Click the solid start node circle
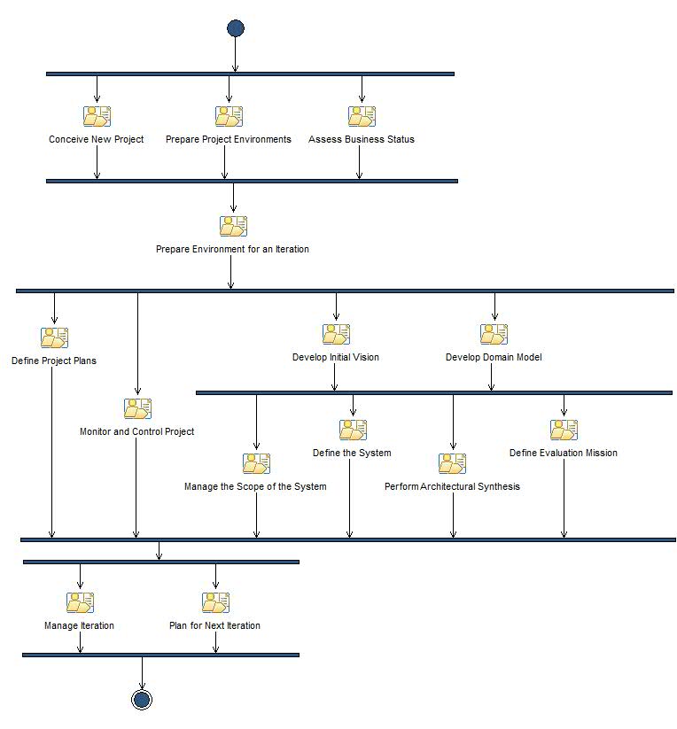pyautogui.click(x=235, y=28)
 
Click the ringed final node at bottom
pyautogui.click(x=142, y=699)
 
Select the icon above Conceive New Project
pyautogui.click(x=97, y=116)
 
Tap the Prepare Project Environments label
pyautogui.click(x=229, y=139)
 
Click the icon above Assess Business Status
pyautogui.click(x=361, y=116)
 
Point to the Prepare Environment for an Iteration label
pyautogui.click(x=232, y=249)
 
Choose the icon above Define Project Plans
pyautogui.click(x=54, y=337)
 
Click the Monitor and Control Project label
pyautogui.click(x=136, y=431)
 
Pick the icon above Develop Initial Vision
pyautogui.click(x=336, y=334)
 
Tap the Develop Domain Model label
pyautogui.click(x=494, y=357)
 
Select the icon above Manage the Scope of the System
pyautogui.click(x=256, y=463)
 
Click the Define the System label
pyautogui.click(x=352, y=453)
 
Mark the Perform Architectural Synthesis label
pyautogui.click(x=452, y=486)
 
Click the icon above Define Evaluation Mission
pyautogui.click(x=564, y=430)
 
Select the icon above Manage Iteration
pyautogui.click(x=80, y=602)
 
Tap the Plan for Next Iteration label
pyautogui.click(x=214, y=625)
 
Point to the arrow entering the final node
pyautogui.click(x=142, y=672)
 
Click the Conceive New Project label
pyautogui.click(x=96, y=139)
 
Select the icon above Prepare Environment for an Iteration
pyautogui.click(x=233, y=226)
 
